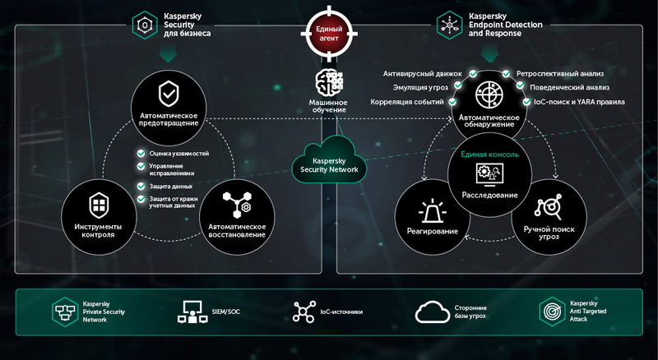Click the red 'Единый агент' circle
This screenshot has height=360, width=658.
click(329, 34)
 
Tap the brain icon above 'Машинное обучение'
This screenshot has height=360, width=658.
click(329, 82)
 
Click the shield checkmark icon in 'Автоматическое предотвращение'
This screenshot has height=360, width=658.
click(169, 94)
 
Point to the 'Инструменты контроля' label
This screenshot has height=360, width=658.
click(98, 230)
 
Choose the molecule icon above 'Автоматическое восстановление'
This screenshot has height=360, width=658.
click(237, 205)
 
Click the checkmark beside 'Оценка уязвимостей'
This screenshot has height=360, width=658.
click(141, 154)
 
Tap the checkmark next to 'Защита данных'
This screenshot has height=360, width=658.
click(141, 186)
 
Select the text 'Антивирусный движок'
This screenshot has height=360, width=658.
click(423, 74)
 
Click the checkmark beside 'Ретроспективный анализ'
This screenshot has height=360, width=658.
click(507, 74)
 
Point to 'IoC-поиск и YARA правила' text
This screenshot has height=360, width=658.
click(579, 102)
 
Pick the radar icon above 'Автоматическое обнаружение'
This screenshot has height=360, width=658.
click(489, 95)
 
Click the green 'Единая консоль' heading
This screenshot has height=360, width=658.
click(489, 155)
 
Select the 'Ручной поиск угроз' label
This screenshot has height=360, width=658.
click(549, 233)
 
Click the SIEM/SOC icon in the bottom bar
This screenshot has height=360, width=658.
click(192, 312)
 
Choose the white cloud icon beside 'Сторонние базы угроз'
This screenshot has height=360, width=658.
click(433, 312)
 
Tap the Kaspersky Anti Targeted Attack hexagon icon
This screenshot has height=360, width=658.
click(552, 312)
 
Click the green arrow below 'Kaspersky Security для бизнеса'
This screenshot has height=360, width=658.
click(169, 53)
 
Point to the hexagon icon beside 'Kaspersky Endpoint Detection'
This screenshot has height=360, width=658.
click(449, 25)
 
